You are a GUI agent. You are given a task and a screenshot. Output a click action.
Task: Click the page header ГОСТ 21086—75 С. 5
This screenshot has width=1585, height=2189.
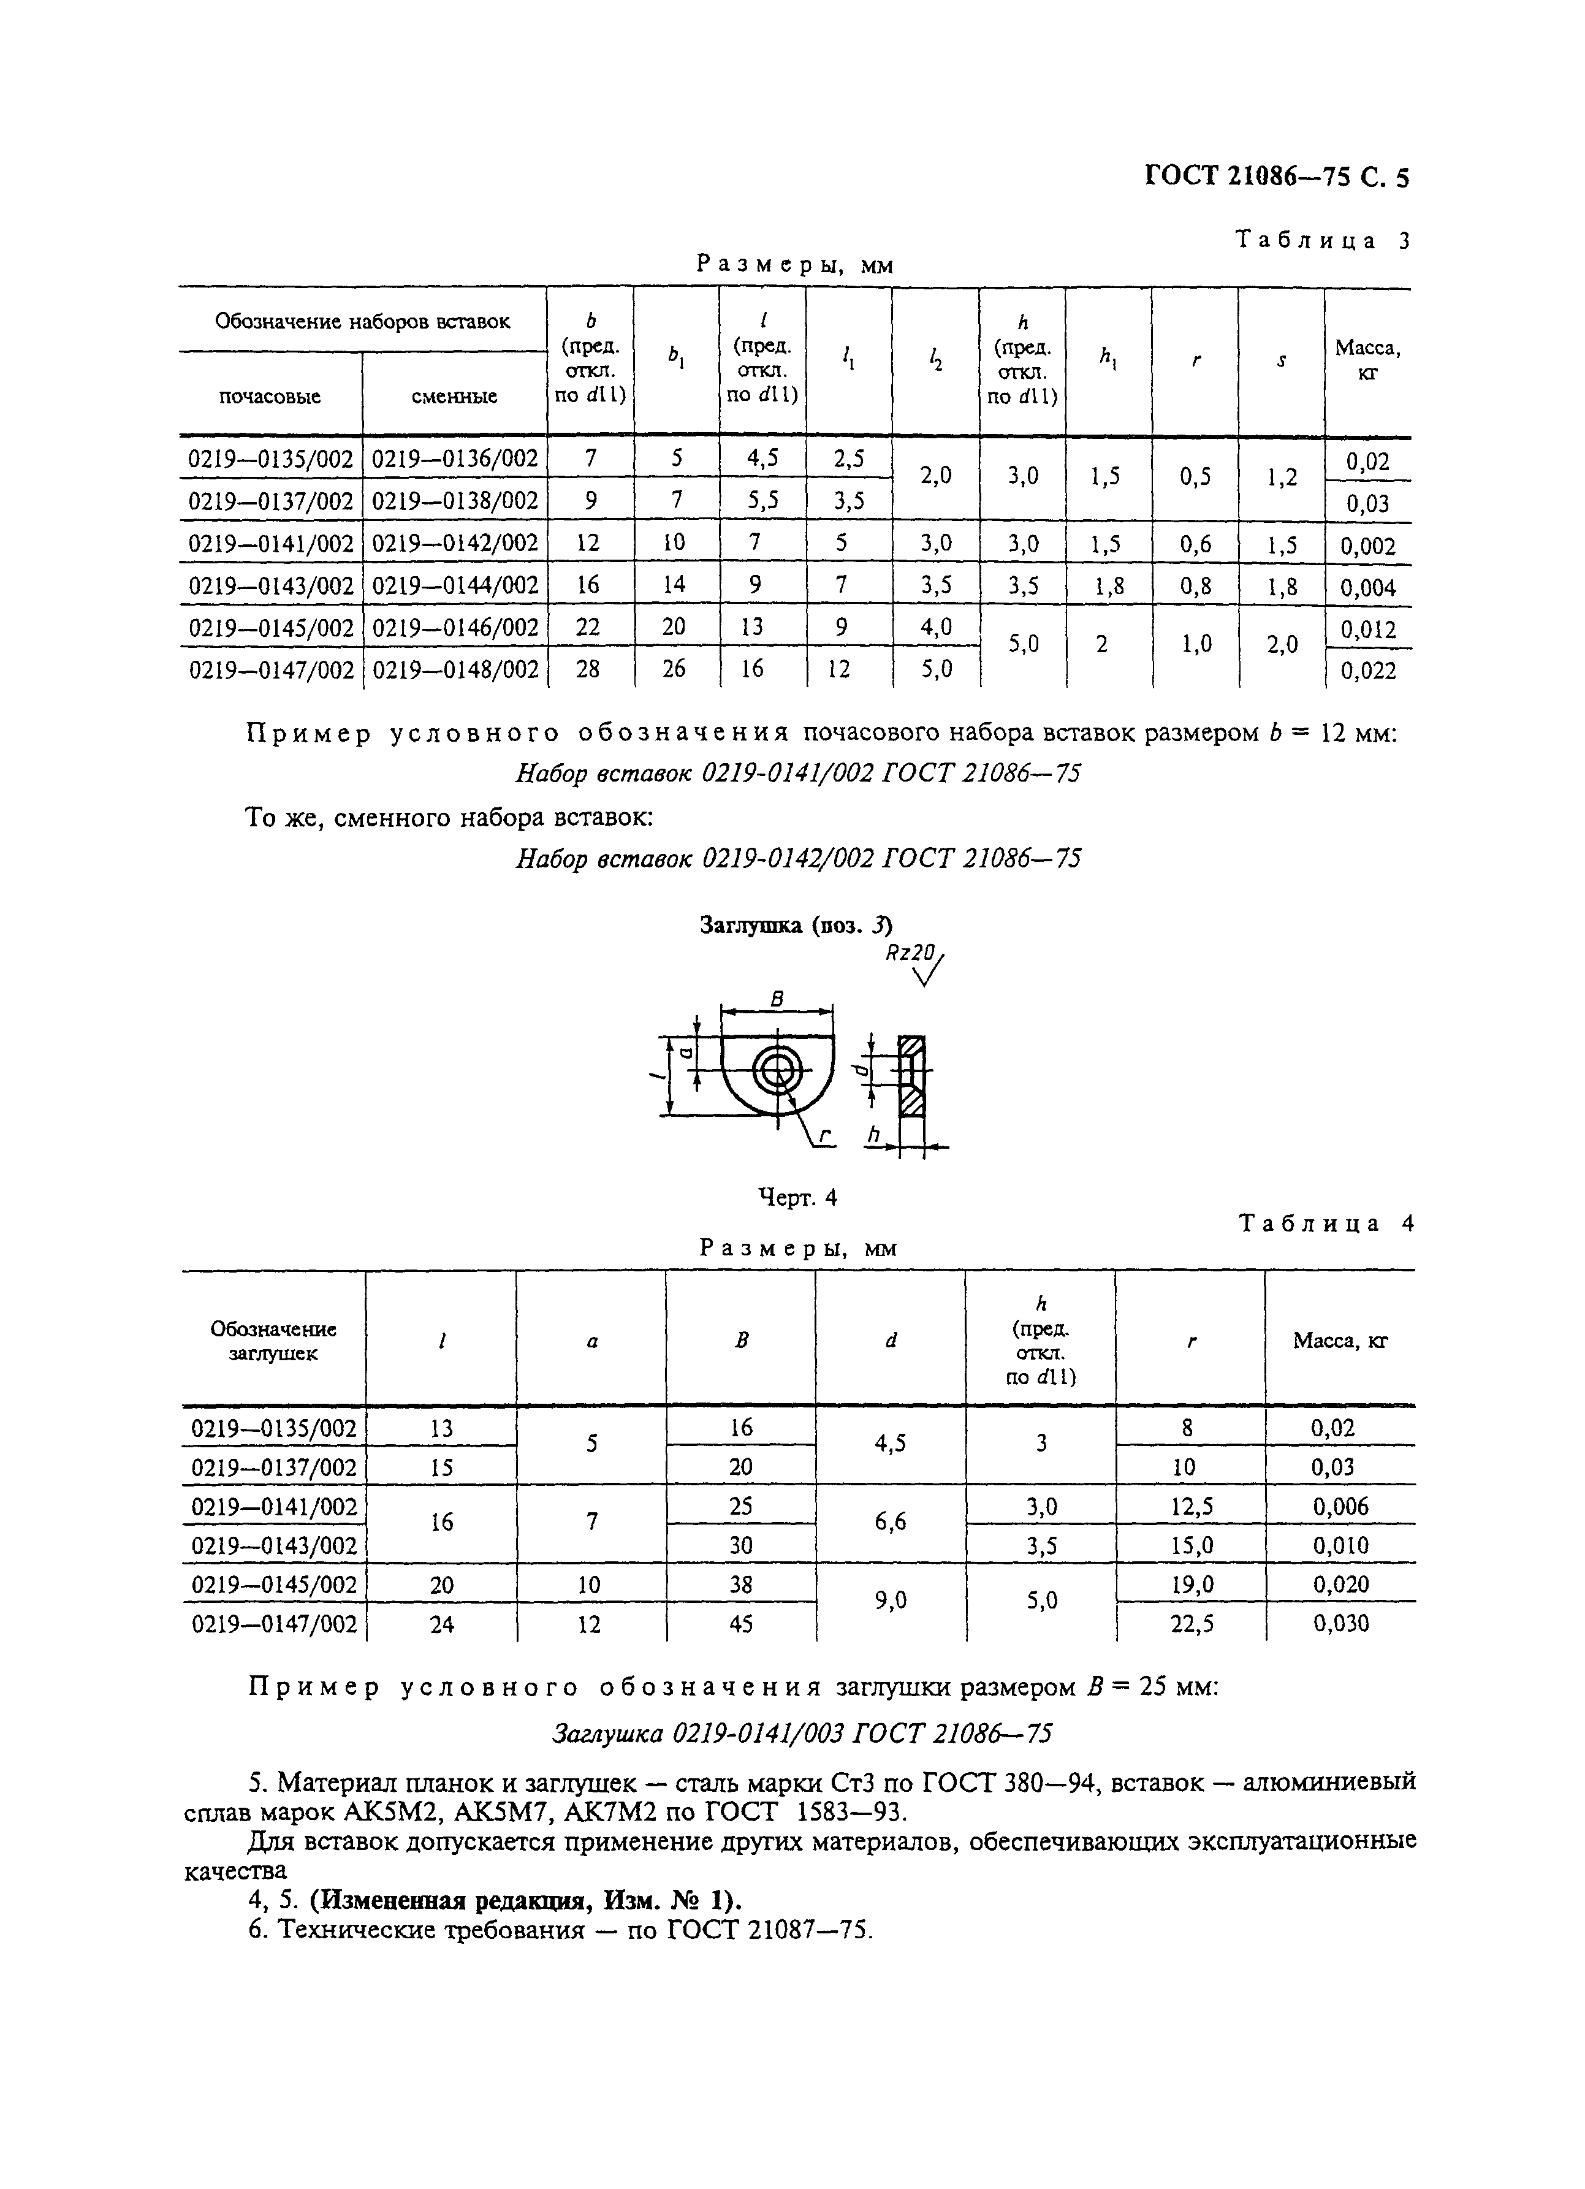[x=1276, y=177]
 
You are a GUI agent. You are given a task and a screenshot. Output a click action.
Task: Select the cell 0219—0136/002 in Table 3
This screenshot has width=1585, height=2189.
[x=455, y=459]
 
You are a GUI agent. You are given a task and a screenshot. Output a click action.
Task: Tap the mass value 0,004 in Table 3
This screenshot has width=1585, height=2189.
[x=1368, y=587]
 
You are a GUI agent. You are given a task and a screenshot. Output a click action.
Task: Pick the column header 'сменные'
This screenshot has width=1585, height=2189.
[x=455, y=396]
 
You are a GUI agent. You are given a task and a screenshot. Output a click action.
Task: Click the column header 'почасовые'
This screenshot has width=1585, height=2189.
[x=270, y=396]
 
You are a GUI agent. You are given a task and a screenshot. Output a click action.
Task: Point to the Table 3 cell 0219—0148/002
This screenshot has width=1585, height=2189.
[x=455, y=669]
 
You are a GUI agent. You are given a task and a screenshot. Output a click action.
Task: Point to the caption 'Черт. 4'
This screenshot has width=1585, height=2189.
[x=797, y=1198]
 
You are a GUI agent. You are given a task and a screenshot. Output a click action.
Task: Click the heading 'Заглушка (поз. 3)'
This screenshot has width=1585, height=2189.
[x=796, y=926]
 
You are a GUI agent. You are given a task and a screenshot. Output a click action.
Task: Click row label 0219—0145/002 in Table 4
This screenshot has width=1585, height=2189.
[x=274, y=1585]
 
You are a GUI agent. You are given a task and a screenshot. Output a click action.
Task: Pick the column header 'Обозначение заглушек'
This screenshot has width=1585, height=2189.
[x=273, y=1341]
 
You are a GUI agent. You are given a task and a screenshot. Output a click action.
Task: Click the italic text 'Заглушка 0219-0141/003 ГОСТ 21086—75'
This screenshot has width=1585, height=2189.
[x=801, y=1734]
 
